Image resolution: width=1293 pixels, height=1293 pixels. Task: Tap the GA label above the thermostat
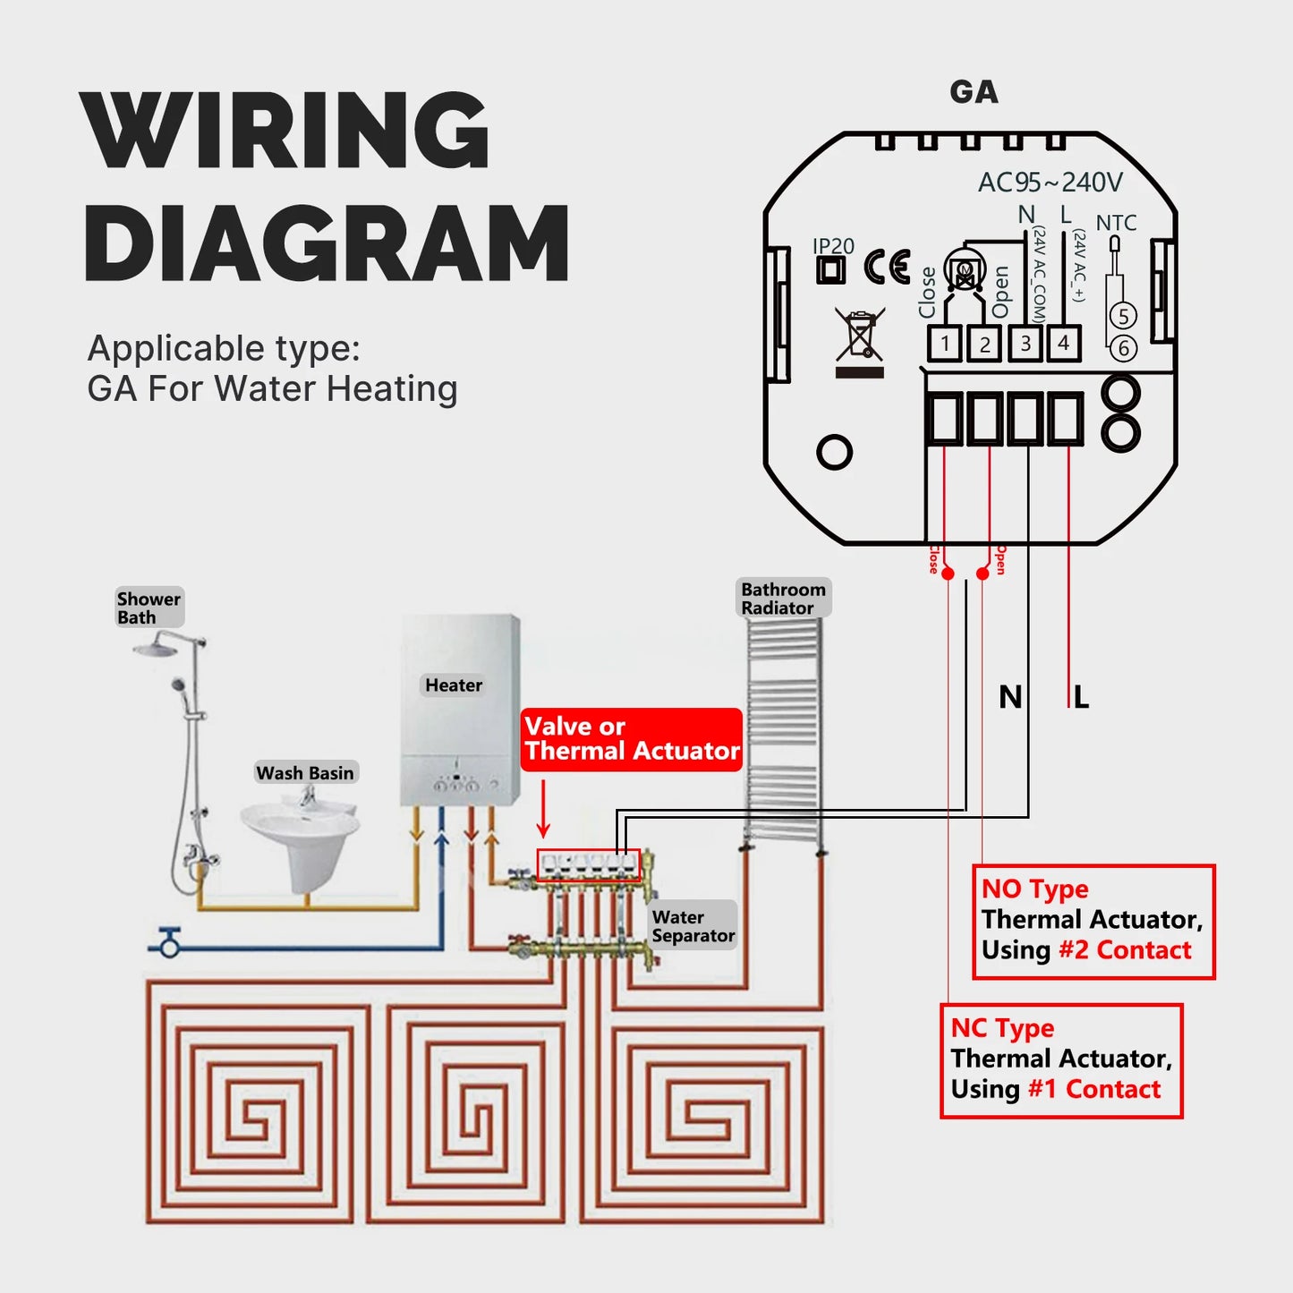[974, 92]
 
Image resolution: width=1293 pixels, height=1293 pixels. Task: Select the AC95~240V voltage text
[1050, 183]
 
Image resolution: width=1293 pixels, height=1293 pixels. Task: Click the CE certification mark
[887, 268]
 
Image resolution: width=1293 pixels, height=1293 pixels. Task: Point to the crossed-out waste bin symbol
[860, 337]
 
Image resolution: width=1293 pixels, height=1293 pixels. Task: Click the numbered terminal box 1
[944, 344]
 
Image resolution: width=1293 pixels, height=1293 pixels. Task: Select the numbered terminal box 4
[1064, 343]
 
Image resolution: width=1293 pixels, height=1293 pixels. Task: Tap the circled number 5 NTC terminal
[1123, 316]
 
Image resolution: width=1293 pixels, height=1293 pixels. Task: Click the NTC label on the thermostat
[1116, 223]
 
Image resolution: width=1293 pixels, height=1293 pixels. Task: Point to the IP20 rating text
[833, 246]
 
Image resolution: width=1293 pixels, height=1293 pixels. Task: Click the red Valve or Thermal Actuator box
[632, 739]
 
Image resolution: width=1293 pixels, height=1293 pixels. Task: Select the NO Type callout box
[1093, 921]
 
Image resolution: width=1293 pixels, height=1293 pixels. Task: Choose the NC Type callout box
[1061, 1060]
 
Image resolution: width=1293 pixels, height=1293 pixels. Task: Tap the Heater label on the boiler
[453, 685]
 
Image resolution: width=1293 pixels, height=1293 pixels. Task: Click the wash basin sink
[299, 832]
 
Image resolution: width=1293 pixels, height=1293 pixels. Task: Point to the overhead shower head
[159, 646]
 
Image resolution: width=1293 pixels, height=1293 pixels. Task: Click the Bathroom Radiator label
[783, 598]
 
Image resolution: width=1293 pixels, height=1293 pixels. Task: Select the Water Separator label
[693, 926]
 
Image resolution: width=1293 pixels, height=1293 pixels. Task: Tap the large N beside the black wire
[1009, 697]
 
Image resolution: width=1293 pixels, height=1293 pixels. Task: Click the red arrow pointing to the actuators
[543, 809]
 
